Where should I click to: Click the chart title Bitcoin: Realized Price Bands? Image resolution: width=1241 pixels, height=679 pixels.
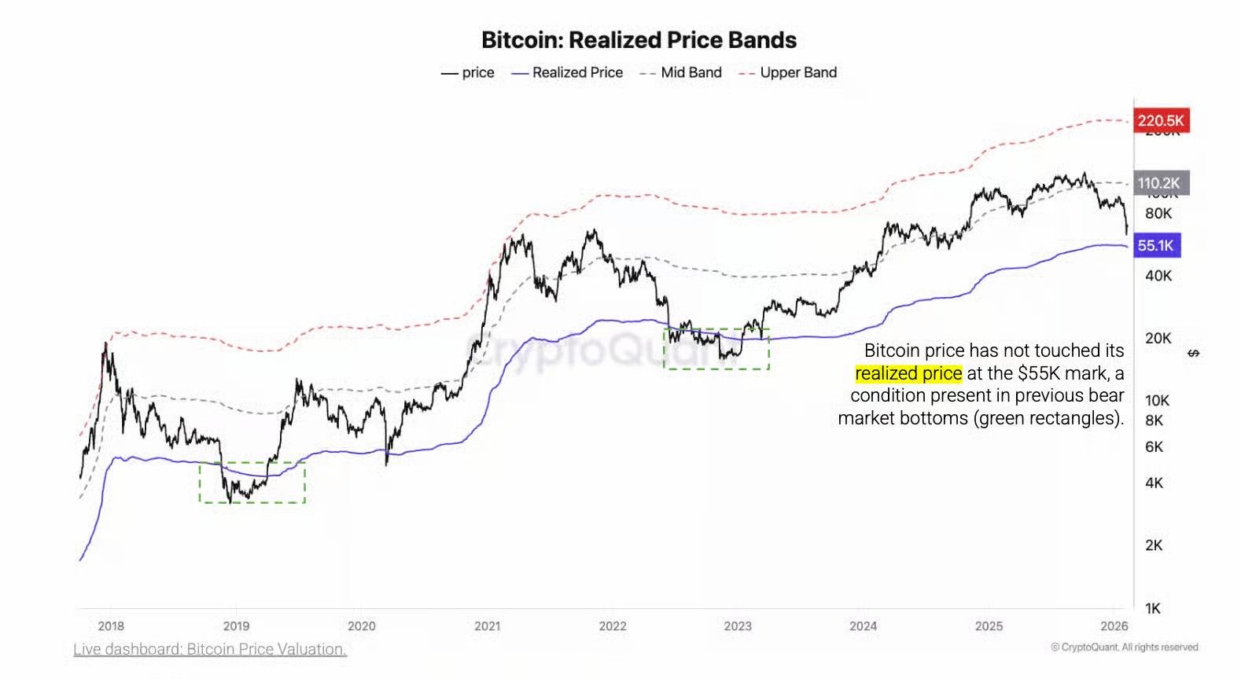[x=639, y=40]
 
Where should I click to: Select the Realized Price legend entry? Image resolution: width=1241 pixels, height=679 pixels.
[x=567, y=72]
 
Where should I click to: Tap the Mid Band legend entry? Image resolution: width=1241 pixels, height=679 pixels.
[x=681, y=72]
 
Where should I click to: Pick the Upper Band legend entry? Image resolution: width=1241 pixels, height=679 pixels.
[x=788, y=72]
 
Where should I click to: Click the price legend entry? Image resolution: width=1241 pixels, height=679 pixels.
[x=468, y=72]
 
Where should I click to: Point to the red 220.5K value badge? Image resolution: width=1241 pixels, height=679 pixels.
[x=1160, y=120]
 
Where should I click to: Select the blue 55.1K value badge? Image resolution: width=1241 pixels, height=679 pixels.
[x=1155, y=245]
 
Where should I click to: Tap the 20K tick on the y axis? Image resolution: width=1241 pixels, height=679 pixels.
[x=1158, y=338]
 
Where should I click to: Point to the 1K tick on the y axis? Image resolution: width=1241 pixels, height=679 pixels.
[x=1153, y=608]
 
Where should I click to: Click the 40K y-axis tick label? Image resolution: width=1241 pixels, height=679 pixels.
[x=1158, y=276]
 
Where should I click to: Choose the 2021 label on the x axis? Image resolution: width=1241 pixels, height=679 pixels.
[x=487, y=626]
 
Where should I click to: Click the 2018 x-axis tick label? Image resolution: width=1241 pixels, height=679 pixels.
[x=111, y=626]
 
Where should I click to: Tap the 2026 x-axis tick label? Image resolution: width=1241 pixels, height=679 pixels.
[x=1114, y=626]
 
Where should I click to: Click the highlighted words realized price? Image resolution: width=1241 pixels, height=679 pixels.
[x=908, y=373]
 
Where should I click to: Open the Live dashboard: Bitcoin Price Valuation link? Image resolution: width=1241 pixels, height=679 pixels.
[x=210, y=649]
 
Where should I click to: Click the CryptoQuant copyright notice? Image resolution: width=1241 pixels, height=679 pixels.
[x=1124, y=648]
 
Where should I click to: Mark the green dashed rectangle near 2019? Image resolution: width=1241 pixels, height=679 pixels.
[x=252, y=483]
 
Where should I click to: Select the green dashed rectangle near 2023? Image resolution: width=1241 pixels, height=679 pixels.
[x=716, y=349]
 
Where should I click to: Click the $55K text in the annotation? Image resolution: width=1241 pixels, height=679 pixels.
[x=1040, y=373]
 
